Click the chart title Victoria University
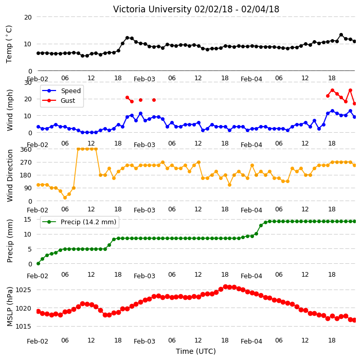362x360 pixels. [152, 9]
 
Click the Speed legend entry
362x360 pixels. [61, 91]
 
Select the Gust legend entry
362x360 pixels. [59, 100]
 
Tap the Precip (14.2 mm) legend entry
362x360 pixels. [79, 222]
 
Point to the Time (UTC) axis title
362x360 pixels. [196, 351]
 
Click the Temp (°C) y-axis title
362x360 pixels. [9, 44]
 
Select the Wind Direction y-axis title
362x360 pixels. [10, 175]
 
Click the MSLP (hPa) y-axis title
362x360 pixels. [10, 306]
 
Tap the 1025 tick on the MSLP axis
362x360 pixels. [23, 290]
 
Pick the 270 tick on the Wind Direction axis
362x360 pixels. [26, 163]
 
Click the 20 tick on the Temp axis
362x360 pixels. [28, 17]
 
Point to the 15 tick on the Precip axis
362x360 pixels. [28, 220]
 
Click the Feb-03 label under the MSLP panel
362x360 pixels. [144, 341]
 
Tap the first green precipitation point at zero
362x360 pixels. [39, 263]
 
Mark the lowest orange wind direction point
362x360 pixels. [65, 197]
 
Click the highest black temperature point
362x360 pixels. [341, 35]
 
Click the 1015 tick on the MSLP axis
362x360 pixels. [23, 326]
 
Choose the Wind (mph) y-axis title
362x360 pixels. [10, 110]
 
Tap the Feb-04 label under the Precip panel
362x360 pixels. [251, 276]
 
